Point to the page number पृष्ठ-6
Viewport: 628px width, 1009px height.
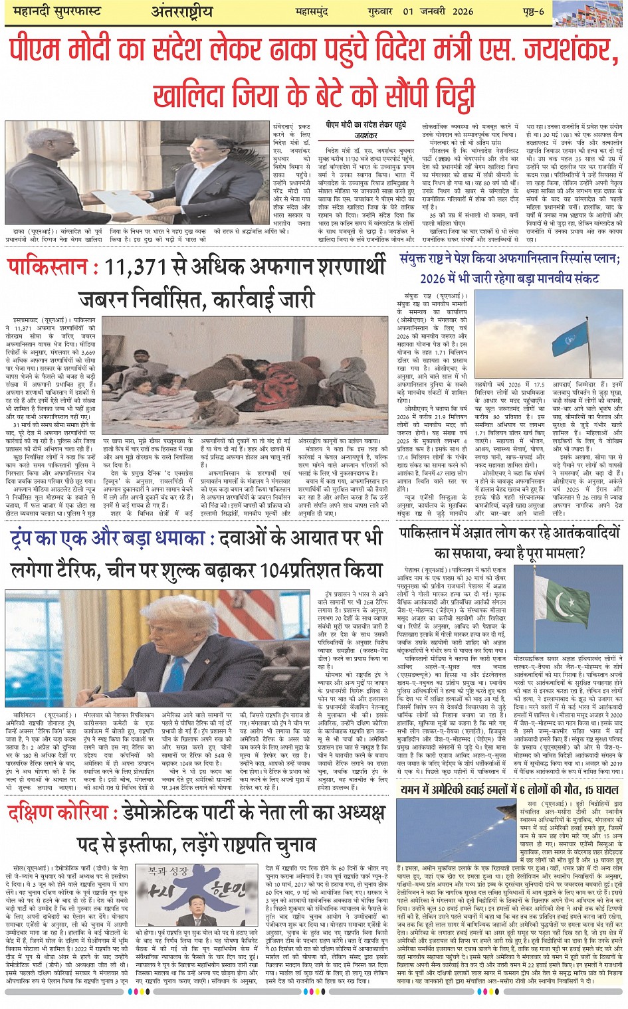pyautogui.click(x=532, y=11)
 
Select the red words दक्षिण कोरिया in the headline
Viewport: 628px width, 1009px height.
pyautogui.click(x=58, y=812)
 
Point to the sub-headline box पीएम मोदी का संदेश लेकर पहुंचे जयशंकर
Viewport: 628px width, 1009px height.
pyautogui.click(x=366, y=130)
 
